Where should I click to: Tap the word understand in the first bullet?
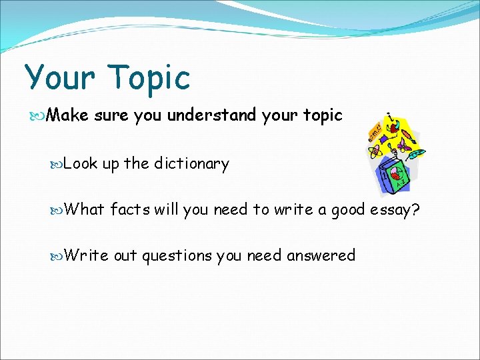211,115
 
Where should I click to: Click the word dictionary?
191,163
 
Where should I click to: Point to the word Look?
81,163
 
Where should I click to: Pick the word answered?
321,255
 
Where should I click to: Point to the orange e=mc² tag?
375,130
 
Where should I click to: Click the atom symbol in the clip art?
375,151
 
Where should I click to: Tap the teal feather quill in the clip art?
416,155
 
